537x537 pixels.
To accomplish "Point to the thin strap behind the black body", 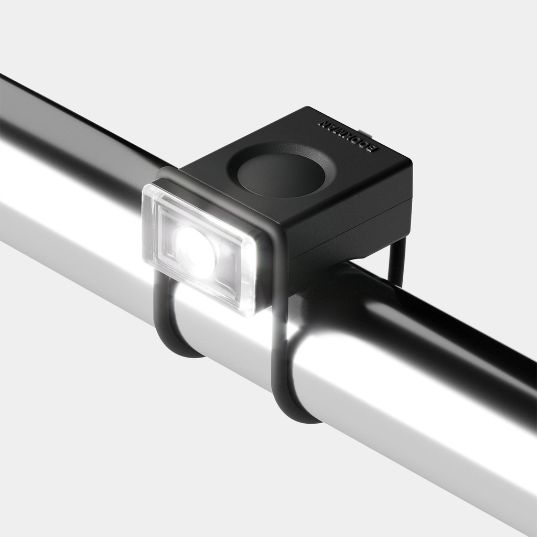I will tap(396, 262).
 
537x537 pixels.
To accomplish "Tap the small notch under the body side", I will tap(362, 258).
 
